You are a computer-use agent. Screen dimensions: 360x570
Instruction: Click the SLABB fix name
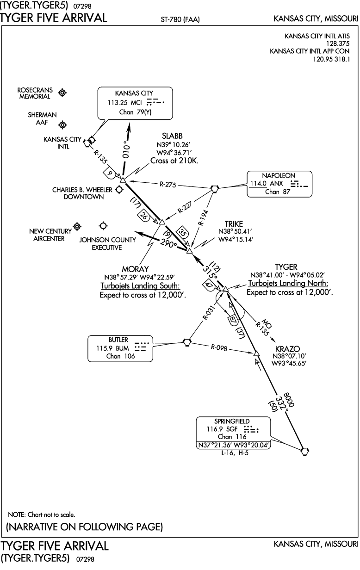click(x=172, y=136)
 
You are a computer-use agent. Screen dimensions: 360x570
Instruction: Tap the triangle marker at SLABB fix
click(x=123, y=180)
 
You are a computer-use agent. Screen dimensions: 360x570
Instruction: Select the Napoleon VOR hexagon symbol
click(x=215, y=189)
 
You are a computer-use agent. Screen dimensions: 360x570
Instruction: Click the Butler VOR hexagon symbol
click(x=187, y=342)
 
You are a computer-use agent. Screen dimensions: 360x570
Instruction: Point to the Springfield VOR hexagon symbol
click(x=304, y=452)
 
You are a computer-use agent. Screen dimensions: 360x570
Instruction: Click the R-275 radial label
click(x=168, y=184)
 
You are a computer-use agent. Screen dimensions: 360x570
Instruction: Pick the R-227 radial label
click(x=185, y=207)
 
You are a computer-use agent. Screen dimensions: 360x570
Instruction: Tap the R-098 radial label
click(x=219, y=347)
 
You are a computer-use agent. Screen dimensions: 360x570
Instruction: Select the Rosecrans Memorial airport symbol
click(x=62, y=93)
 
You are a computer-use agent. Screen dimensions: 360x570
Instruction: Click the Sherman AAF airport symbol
click(x=62, y=125)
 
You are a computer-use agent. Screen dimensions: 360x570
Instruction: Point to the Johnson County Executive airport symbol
click(x=103, y=226)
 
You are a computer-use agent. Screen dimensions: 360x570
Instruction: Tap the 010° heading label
click(x=126, y=149)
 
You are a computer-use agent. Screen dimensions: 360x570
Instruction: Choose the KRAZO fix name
click(x=287, y=349)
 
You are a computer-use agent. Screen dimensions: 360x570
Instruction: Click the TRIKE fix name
click(x=234, y=224)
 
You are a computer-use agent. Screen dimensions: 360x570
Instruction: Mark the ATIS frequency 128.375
click(x=338, y=43)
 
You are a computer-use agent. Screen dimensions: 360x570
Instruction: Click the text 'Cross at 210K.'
click(x=174, y=161)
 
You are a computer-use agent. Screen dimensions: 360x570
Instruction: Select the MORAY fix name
click(x=135, y=269)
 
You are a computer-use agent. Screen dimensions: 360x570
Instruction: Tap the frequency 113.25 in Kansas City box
click(x=117, y=103)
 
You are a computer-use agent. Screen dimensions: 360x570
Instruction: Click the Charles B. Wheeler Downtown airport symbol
click(x=119, y=190)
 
